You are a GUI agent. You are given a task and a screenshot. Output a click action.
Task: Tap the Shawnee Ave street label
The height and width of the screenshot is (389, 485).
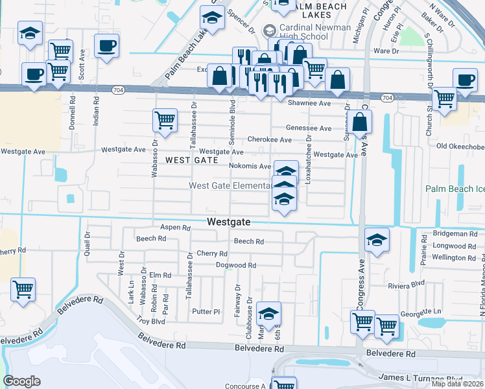309,103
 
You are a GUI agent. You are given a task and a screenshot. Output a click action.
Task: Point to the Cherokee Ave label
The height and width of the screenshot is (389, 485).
269,139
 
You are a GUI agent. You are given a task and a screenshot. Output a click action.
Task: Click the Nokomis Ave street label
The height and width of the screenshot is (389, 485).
250,166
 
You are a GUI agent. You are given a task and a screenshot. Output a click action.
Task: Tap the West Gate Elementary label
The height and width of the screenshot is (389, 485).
230,186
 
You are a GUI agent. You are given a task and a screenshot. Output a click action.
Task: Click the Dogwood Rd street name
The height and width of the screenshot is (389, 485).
236,265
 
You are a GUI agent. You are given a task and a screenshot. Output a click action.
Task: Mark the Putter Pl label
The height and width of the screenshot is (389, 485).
207,311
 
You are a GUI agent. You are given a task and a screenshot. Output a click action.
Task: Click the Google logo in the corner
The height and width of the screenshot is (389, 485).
21,381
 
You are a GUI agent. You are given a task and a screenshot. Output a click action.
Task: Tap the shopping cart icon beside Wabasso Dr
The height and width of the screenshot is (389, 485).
165,121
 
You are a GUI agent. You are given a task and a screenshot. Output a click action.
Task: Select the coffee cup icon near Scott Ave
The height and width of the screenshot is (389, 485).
106,47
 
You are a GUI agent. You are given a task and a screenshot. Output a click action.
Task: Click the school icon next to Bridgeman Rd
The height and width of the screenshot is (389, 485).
377,240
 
